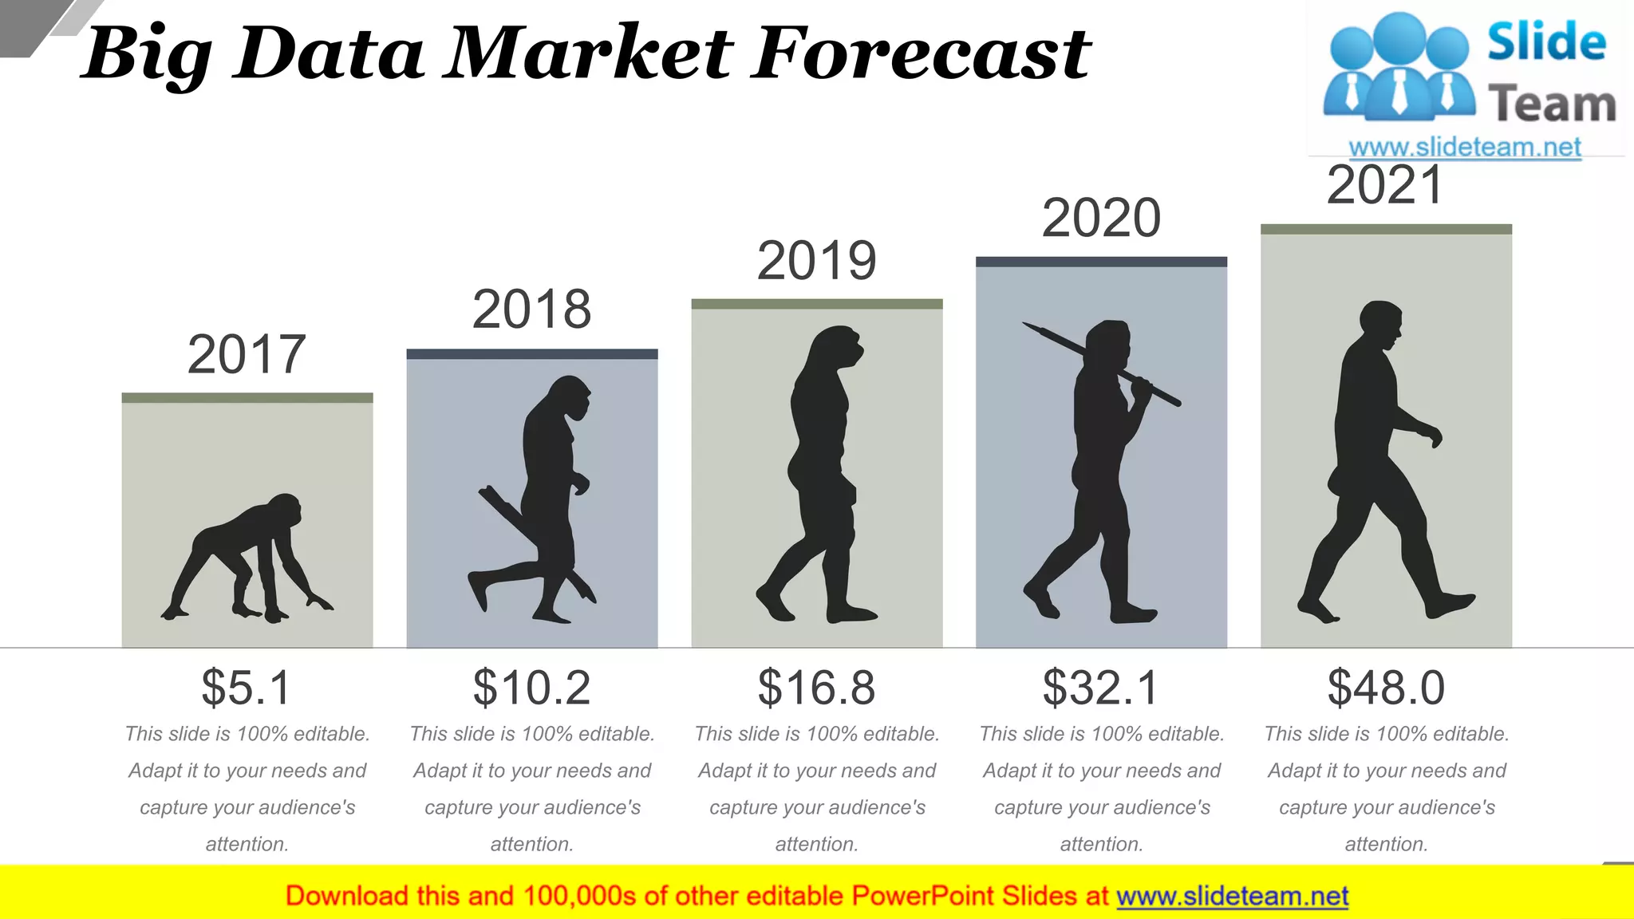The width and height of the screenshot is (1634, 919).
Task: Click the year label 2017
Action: (247, 355)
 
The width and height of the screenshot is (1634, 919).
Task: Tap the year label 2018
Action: (531, 310)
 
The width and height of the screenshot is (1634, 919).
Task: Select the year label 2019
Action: (816, 261)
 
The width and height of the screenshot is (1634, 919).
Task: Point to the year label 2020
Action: (1101, 218)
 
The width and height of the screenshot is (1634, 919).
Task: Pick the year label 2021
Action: (1385, 185)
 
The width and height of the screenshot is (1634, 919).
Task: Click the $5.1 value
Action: (247, 687)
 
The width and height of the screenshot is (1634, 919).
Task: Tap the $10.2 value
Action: (531, 687)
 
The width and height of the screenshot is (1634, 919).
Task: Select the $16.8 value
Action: (816, 687)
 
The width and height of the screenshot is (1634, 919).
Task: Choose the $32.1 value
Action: (1100, 687)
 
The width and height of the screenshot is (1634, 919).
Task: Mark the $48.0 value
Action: (1386, 687)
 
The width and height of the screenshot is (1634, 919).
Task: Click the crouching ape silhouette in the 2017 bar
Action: (247, 558)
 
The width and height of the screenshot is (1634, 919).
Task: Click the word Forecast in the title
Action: (922, 54)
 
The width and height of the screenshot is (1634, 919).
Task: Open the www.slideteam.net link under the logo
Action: (1465, 147)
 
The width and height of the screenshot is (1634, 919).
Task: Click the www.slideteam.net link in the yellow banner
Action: (1232, 896)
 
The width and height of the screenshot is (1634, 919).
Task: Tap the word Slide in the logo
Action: (1546, 42)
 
